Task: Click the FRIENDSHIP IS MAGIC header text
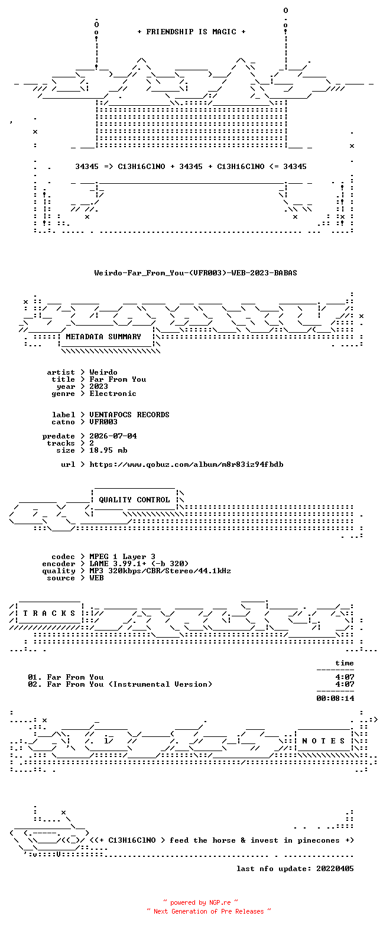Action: (191, 32)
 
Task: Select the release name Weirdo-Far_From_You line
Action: (196, 273)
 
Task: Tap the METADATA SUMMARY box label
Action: (103, 337)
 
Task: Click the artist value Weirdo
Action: (103, 372)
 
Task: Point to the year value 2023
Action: (99, 386)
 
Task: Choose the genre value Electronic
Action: (113, 394)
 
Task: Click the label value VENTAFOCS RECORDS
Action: (129, 415)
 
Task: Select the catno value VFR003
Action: (103, 422)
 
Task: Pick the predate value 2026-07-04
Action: (113, 436)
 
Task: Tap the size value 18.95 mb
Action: (108, 450)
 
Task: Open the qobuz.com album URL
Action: (186, 465)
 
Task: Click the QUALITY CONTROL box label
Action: (134, 500)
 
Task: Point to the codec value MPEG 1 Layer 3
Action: (122, 557)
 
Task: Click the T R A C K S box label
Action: (50, 613)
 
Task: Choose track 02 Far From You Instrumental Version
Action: (120, 684)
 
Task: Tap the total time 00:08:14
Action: (335, 699)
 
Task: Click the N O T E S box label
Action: (323, 740)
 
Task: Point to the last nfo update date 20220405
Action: (335, 869)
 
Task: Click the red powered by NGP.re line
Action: (200, 902)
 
